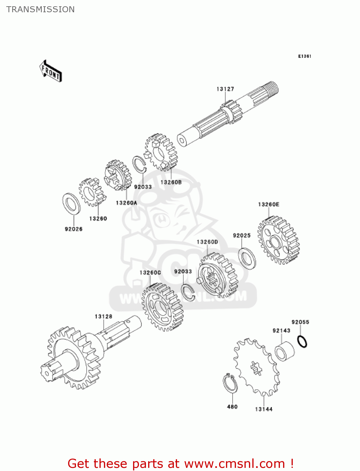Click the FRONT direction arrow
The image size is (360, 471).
[51, 71]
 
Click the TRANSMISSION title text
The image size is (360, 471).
[40, 9]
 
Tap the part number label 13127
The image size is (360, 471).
[225, 89]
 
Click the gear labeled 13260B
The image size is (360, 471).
[161, 152]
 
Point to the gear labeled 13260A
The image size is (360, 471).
[118, 176]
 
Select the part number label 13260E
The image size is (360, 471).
[268, 204]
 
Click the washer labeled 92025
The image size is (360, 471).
[247, 258]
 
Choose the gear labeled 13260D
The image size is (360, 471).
[218, 275]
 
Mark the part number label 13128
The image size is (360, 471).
[103, 317]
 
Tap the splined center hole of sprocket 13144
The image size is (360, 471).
[256, 368]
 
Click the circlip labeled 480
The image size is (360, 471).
[230, 383]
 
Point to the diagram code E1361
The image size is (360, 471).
[304, 56]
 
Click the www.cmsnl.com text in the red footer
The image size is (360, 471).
[234, 463]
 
